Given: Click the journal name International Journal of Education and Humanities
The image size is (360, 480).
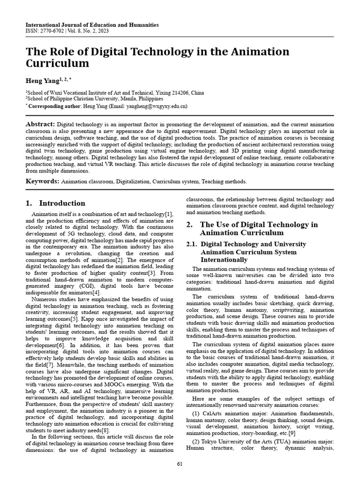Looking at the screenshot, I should (92, 25).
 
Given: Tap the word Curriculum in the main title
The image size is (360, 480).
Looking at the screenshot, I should (57, 63).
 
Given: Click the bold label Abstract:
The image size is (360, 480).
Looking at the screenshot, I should (40, 124).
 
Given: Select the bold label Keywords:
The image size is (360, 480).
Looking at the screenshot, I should (42, 181).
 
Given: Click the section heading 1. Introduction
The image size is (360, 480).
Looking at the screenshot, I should (55, 203).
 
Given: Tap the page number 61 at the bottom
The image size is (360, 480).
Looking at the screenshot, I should (180, 464).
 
